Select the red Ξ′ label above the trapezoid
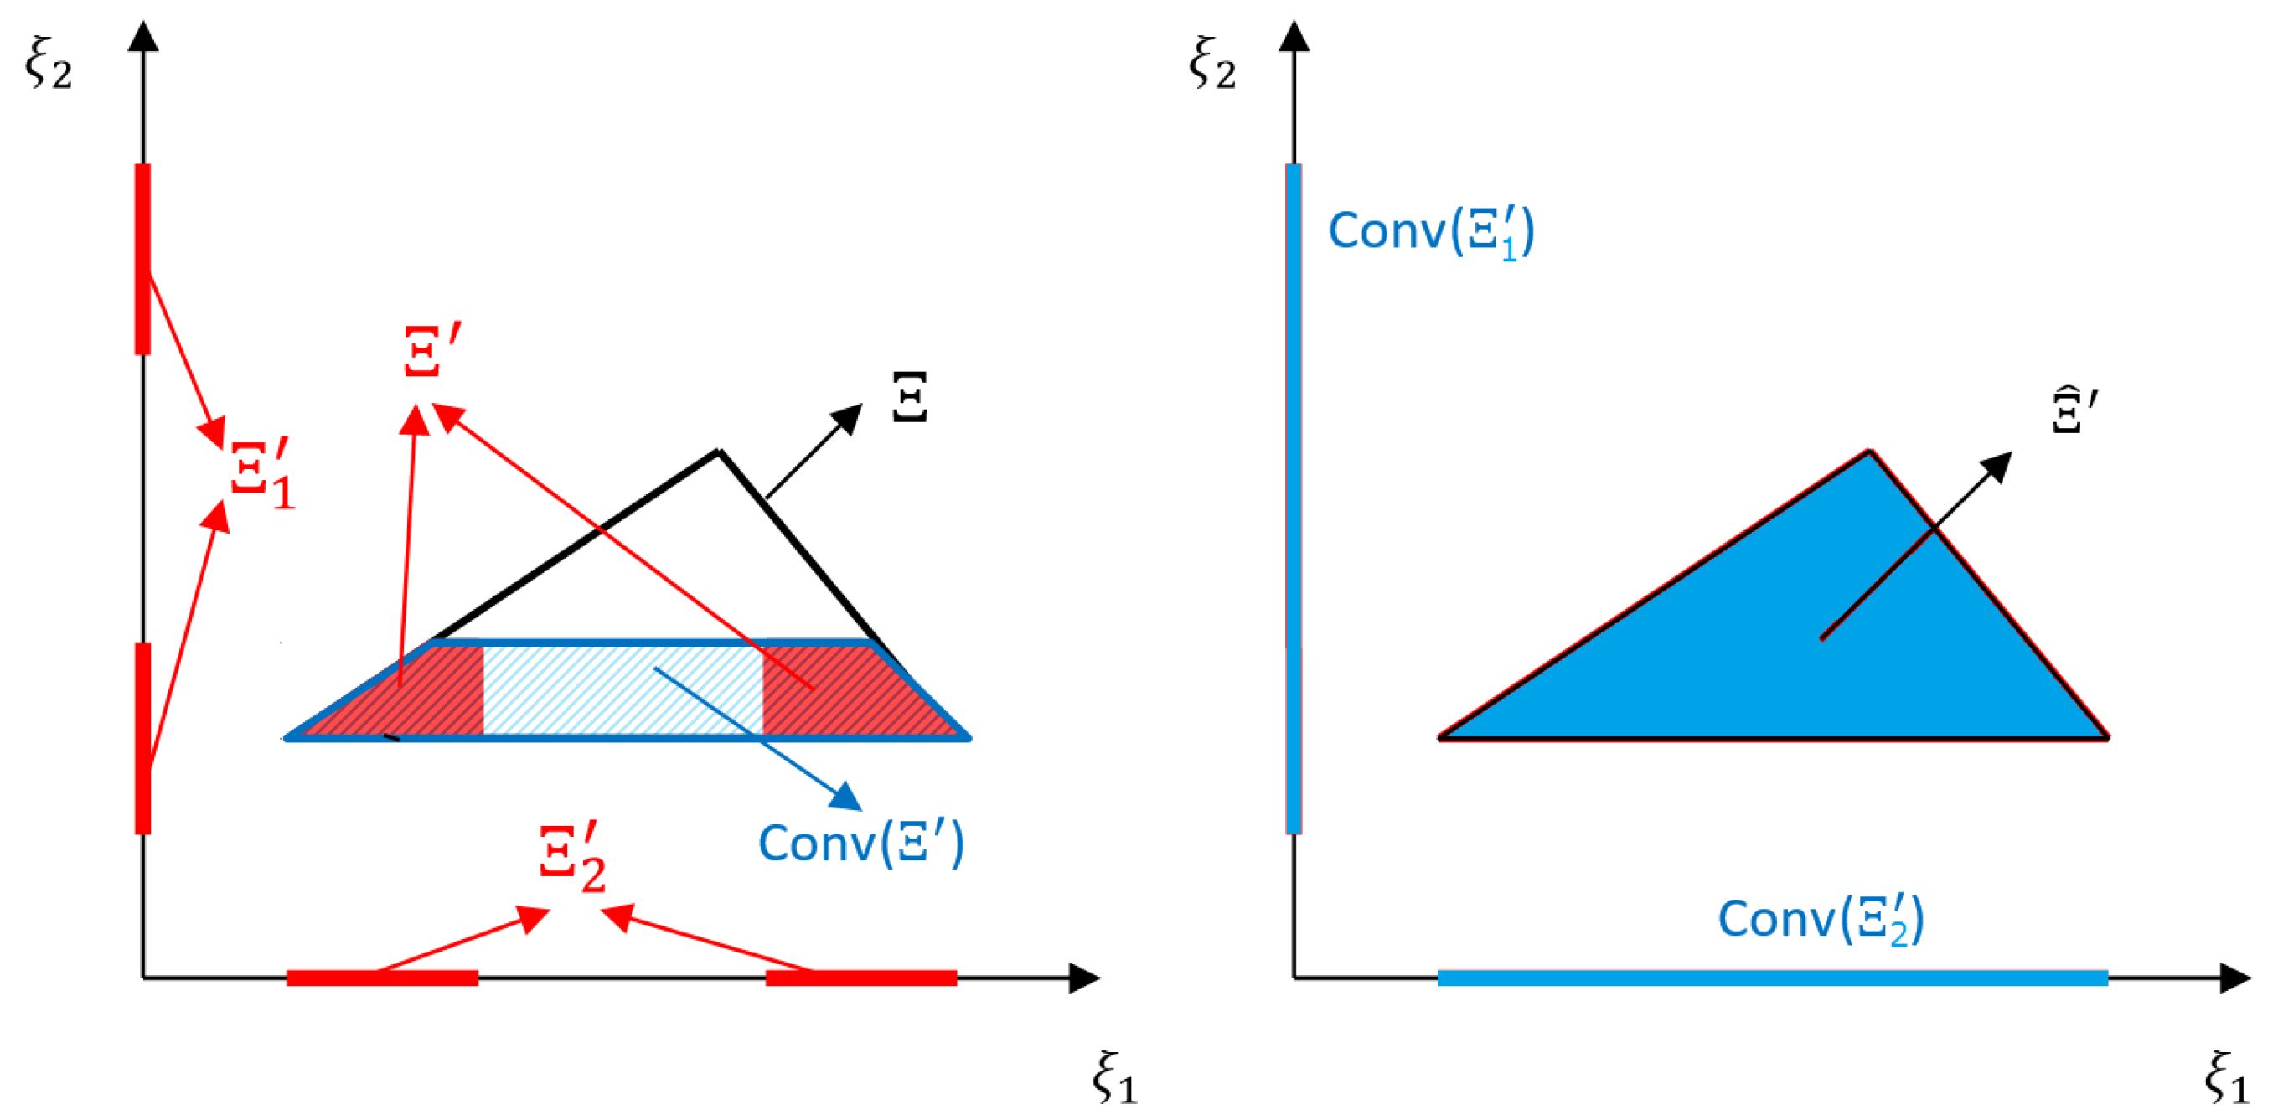431,349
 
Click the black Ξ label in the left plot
910,397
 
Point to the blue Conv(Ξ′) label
861,844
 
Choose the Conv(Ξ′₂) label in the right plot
1821,919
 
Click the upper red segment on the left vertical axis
143,258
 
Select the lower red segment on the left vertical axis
143,737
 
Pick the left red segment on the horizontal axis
382,977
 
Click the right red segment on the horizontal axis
861,977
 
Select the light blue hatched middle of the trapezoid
622,689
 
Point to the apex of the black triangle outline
719,452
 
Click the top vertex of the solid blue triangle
1869,454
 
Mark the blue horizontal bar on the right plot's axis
1772,977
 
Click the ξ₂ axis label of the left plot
49,64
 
